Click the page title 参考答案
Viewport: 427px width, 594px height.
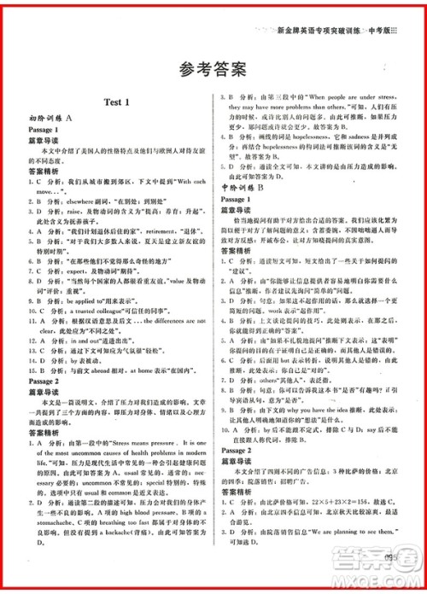(213, 68)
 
